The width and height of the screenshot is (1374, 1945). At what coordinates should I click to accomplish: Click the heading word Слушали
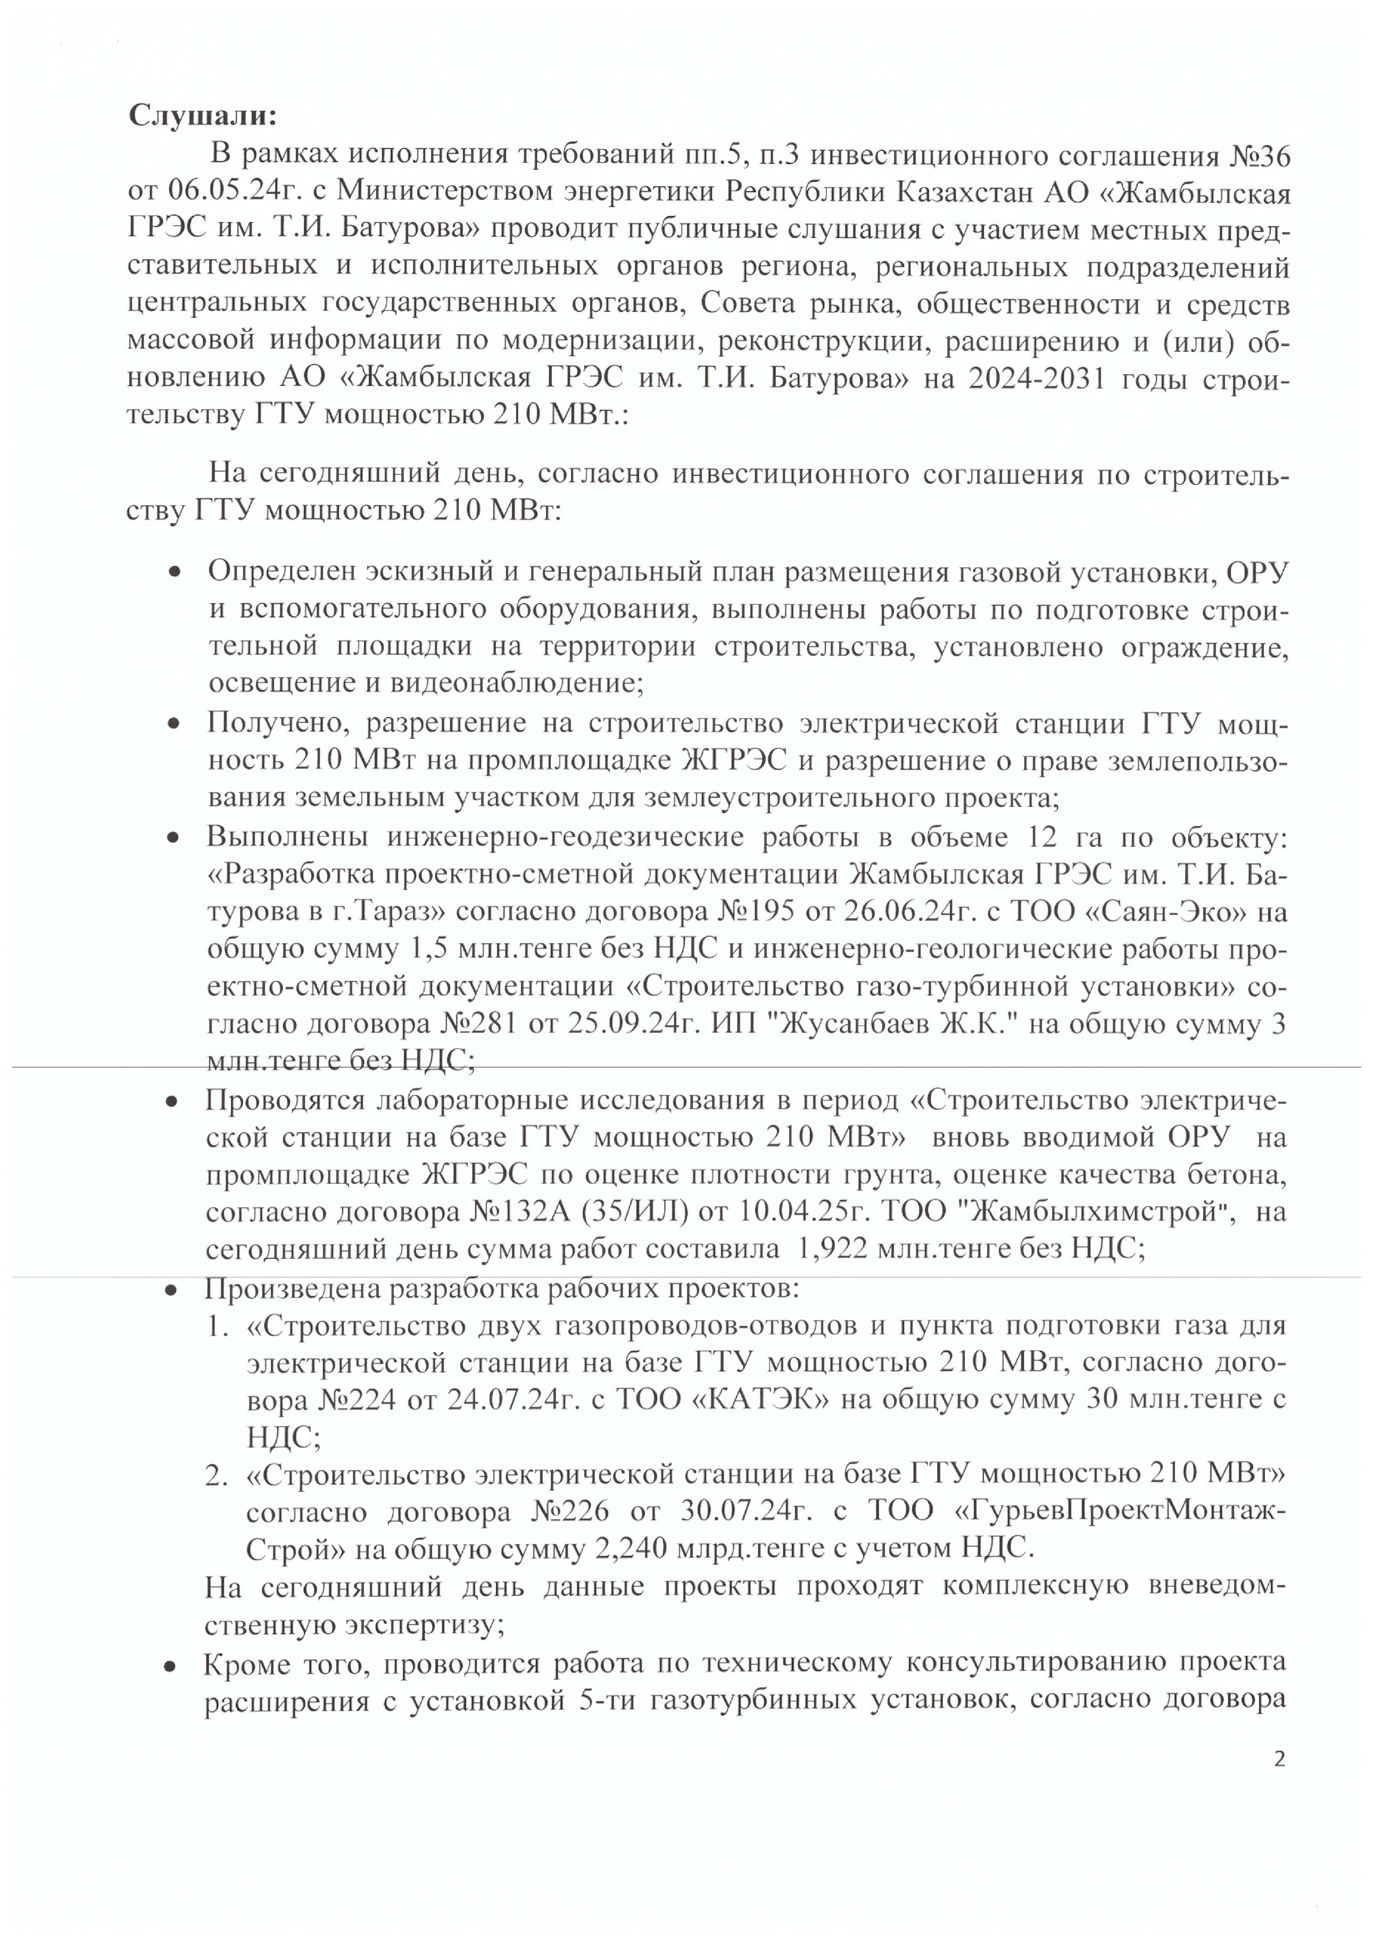pos(202,116)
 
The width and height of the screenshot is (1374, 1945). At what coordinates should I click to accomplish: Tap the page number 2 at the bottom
pos(1279,1759)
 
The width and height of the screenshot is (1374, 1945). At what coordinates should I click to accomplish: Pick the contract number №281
pos(478,1024)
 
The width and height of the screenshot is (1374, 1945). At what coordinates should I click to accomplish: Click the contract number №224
pos(357,1399)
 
